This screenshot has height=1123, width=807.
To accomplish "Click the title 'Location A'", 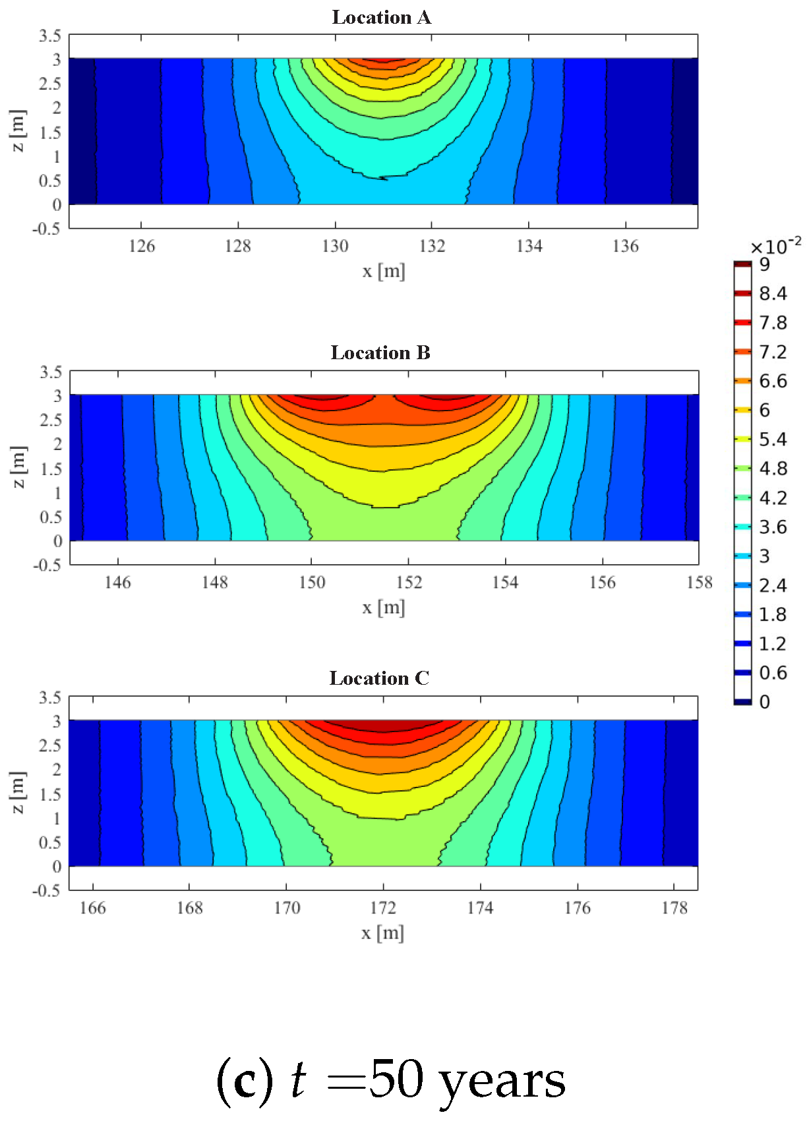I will (x=381, y=17).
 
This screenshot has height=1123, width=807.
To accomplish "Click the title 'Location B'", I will (x=380, y=353).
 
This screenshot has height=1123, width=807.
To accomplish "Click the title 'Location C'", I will (x=379, y=678).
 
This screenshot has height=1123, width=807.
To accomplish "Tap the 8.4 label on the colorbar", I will (x=773, y=293).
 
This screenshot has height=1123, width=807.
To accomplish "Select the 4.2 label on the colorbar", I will (x=773, y=498).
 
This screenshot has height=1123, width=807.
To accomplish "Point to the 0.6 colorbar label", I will (x=773, y=673).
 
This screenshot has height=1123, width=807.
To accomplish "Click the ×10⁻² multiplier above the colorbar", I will (x=775, y=246).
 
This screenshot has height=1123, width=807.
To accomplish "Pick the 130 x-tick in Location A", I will (x=335, y=246).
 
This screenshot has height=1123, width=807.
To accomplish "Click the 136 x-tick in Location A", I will (x=625, y=246).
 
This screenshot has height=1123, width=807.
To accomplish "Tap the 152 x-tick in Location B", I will (x=409, y=583).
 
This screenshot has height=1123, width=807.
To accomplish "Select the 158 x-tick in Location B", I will (x=700, y=583).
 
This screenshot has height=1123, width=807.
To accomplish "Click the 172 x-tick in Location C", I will (x=383, y=908).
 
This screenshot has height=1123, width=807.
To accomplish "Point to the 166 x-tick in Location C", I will (x=92, y=908).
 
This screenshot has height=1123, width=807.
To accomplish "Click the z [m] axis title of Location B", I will (x=18, y=467).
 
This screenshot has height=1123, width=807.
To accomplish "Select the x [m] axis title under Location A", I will (x=384, y=271).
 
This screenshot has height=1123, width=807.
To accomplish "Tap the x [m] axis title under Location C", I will (x=382, y=933).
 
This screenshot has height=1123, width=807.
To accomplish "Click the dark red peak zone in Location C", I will (x=382, y=725).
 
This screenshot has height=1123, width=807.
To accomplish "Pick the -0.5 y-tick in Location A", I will (x=46, y=229).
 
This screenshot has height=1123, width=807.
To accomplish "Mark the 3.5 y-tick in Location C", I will (x=50, y=697).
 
